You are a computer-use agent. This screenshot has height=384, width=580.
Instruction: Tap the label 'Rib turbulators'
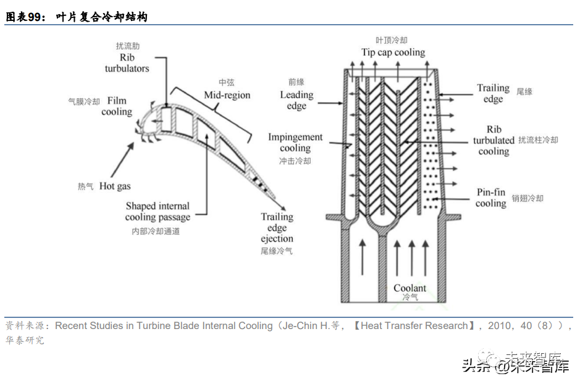(x=127, y=62)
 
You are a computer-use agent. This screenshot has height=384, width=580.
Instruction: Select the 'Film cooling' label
(x=117, y=106)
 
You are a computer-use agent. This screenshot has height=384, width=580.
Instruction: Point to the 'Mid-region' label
(x=227, y=95)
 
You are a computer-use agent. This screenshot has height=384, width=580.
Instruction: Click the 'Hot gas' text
(x=115, y=186)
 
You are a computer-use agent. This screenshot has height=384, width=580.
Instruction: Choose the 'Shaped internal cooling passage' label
(x=158, y=211)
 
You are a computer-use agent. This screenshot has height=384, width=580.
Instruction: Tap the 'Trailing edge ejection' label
(x=277, y=228)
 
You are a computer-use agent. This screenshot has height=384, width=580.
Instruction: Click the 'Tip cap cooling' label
(x=393, y=52)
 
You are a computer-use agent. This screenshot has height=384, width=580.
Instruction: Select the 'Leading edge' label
(x=296, y=100)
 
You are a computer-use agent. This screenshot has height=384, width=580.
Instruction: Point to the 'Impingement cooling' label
(x=295, y=143)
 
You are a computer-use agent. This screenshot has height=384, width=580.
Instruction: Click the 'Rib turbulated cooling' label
(x=494, y=140)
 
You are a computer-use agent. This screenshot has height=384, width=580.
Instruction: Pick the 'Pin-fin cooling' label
(x=491, y=198)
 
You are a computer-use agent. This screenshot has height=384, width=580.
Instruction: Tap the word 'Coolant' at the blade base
(x=410, y=288)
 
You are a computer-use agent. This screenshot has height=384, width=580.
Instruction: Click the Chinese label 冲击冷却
(x=295, y=161)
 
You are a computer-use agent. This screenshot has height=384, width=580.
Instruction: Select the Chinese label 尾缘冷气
(x=277, y=251)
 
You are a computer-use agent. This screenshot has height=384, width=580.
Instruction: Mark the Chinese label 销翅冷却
(x=527, y=199)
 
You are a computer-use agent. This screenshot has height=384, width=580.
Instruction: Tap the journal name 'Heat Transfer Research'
(x=414, y=325)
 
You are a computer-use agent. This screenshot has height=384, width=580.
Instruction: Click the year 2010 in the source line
(x=500, y=325)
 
